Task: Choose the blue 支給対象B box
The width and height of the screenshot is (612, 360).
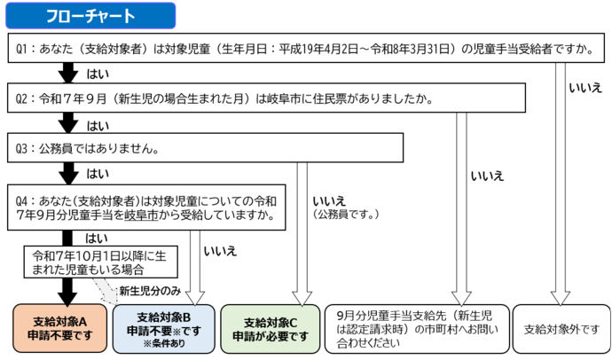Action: click(165, 328)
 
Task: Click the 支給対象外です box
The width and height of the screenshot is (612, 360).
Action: click(561, 329)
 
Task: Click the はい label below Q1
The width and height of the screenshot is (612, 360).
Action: click(98, 74)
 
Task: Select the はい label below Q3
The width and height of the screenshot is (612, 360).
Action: click(98, 174)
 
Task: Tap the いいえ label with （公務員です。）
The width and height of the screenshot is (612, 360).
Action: click(345, 207)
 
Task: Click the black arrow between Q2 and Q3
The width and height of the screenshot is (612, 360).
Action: click(67, 122)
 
